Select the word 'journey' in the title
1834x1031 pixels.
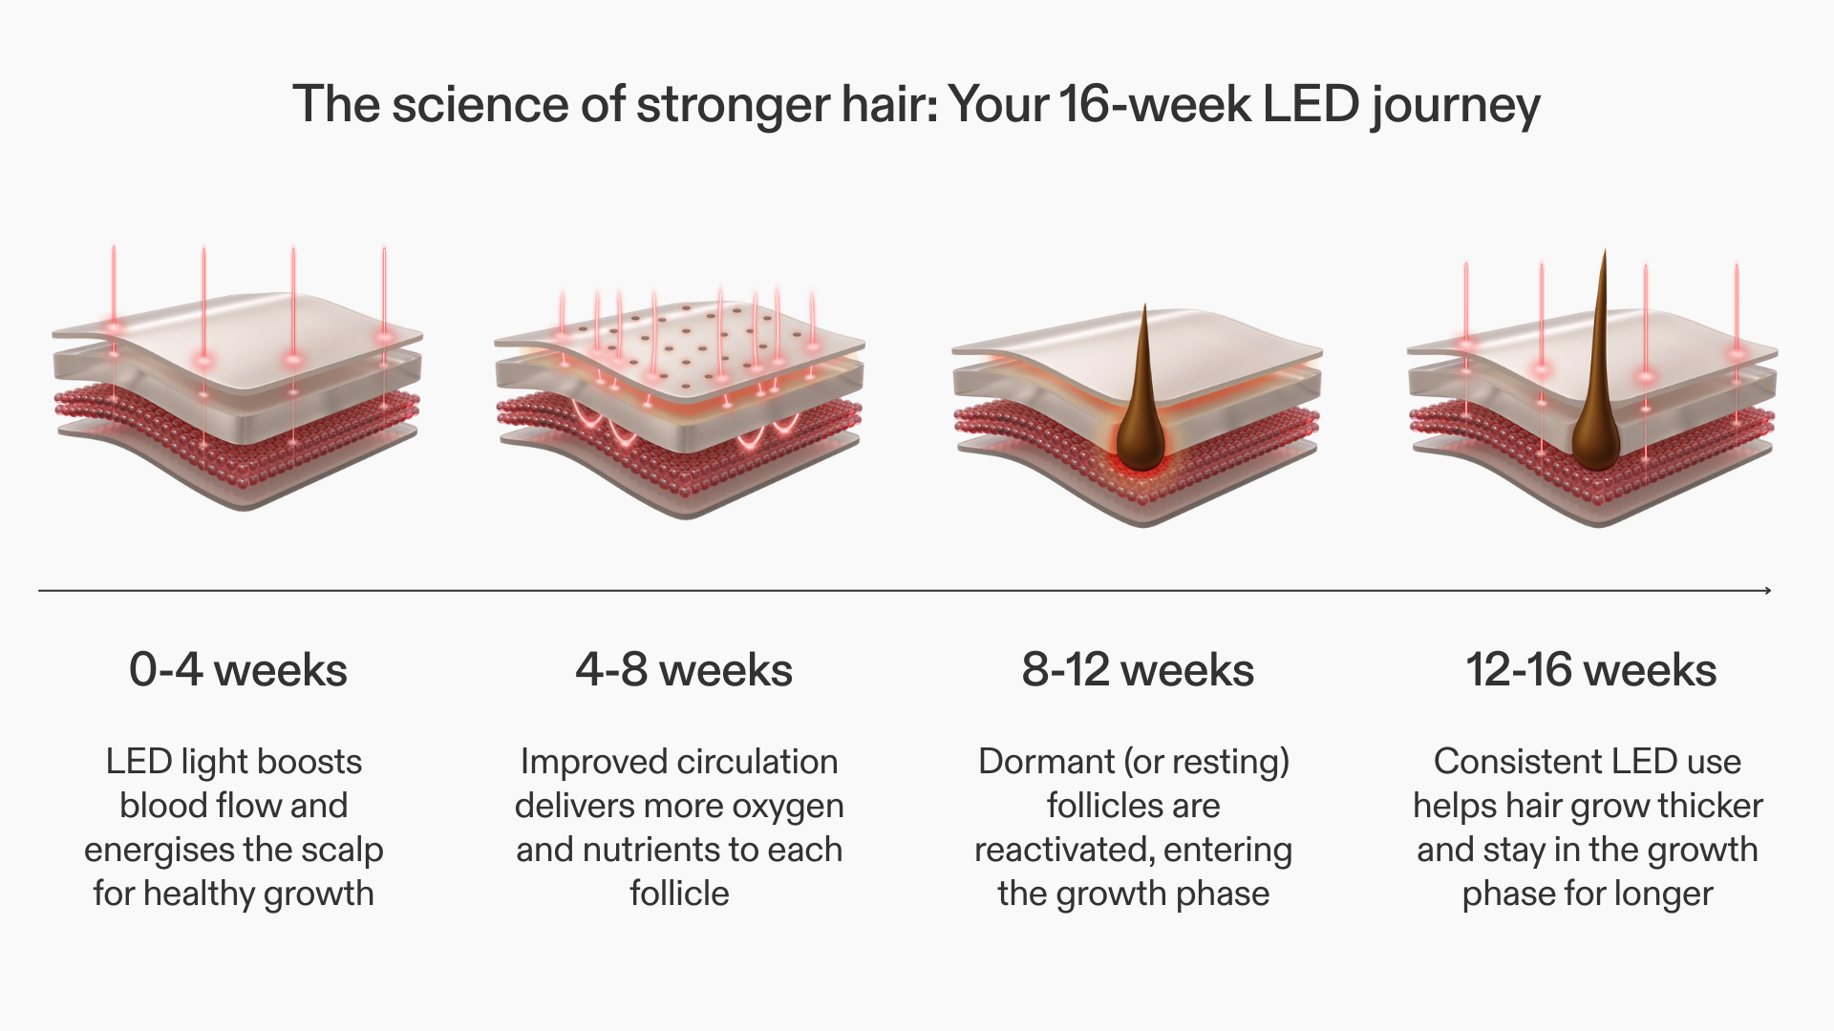pyautogui.click(x=1456, y=107)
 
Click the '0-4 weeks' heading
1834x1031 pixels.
pyautogui.click(x=238, y=669)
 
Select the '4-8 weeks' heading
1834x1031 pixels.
pyautogui.click(x=684, y=669)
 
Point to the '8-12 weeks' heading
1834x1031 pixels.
pyautogui.click(x=1138, y=669)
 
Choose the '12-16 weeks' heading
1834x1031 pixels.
pyautogui.click(x=1591, y=669)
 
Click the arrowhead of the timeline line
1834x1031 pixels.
pyautogui.click(x=1767, y=591)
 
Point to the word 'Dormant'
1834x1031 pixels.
pyautogui.click(x=1046, y=762)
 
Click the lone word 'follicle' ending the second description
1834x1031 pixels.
pyautogui.click(x=679, y=894)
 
